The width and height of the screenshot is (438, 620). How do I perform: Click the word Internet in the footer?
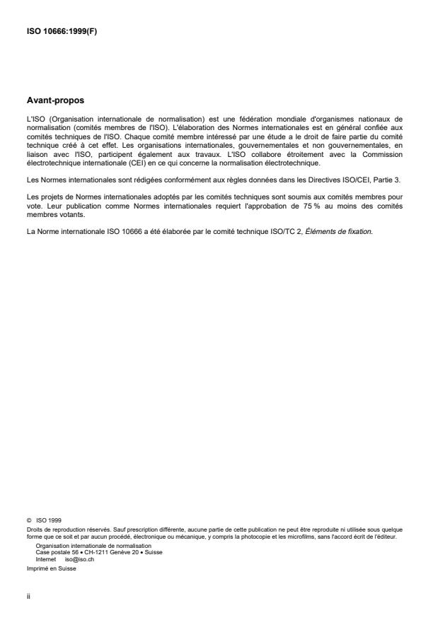(x=46, y=557)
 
